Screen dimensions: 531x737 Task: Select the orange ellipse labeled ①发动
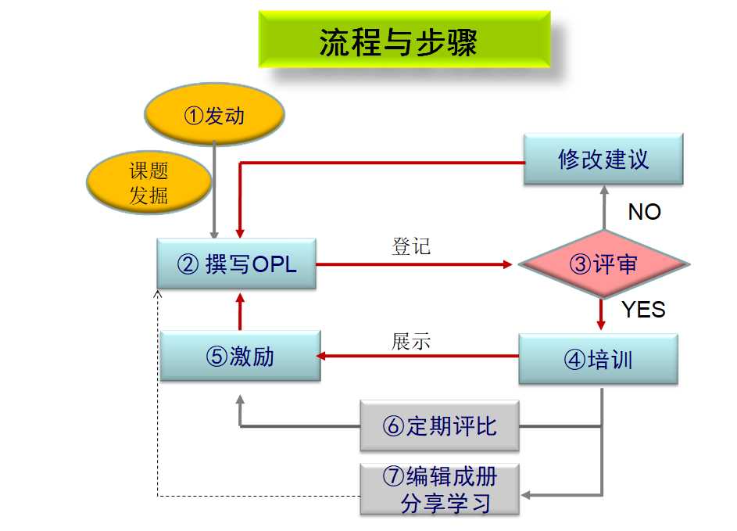214,116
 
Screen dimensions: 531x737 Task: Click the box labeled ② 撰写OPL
237,264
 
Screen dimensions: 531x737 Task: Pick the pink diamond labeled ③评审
603,264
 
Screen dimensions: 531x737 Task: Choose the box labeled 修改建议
603,160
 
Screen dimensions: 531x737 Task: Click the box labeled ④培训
598,359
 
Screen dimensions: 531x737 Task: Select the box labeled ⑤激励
240,356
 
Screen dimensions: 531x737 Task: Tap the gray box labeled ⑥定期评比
439,426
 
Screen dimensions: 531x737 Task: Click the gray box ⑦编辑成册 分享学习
439,489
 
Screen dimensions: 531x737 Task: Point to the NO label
644,212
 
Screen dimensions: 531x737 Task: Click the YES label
643,310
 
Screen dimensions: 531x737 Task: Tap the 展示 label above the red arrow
411,342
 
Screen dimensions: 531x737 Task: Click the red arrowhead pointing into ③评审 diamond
508,264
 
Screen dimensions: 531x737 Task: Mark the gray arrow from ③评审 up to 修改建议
603,207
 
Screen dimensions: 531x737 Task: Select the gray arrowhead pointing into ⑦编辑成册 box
527,494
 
